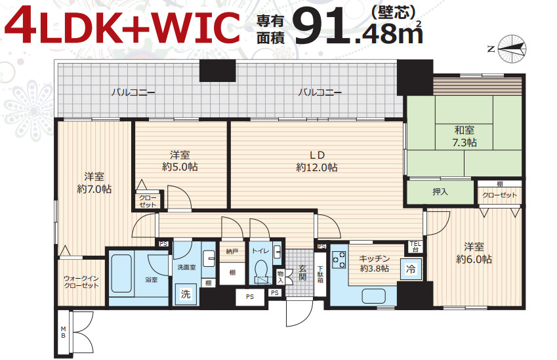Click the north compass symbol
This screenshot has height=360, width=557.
click(x=512, y=49)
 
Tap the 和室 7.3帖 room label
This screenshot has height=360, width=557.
click(x=464, y=136)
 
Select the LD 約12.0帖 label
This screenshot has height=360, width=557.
click(x=316, y=161)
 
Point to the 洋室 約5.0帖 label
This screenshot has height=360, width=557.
click(x=180, y=161)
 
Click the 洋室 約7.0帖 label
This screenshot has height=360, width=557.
click(x=94, y=183)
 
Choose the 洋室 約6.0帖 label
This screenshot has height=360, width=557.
click(x=474, y=253)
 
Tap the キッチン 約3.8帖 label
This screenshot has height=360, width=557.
click(x=374, y=264)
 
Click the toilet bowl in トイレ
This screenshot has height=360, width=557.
click(x=262, y=273)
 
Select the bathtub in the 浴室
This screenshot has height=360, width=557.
click(x=121, y=273)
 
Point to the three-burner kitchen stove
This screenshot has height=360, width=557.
click(x=339, y=260)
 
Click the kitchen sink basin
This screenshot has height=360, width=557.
click(x=373, y=296)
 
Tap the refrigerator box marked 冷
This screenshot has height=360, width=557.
click(x=411, y=269)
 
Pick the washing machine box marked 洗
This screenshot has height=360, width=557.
click(x=186, y=294)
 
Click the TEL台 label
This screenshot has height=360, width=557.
click(x=415, y=247)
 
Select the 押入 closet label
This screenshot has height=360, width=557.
click(x=440, y=192)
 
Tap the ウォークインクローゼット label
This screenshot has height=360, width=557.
click(x=81, y=282)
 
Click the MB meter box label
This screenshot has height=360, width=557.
click(x=63, y=332)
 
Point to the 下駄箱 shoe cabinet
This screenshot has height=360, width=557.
click(x=320, y=274)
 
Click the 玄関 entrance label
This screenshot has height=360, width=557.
click(x=302, y=272)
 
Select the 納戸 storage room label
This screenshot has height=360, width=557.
click(x=232, y=251)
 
